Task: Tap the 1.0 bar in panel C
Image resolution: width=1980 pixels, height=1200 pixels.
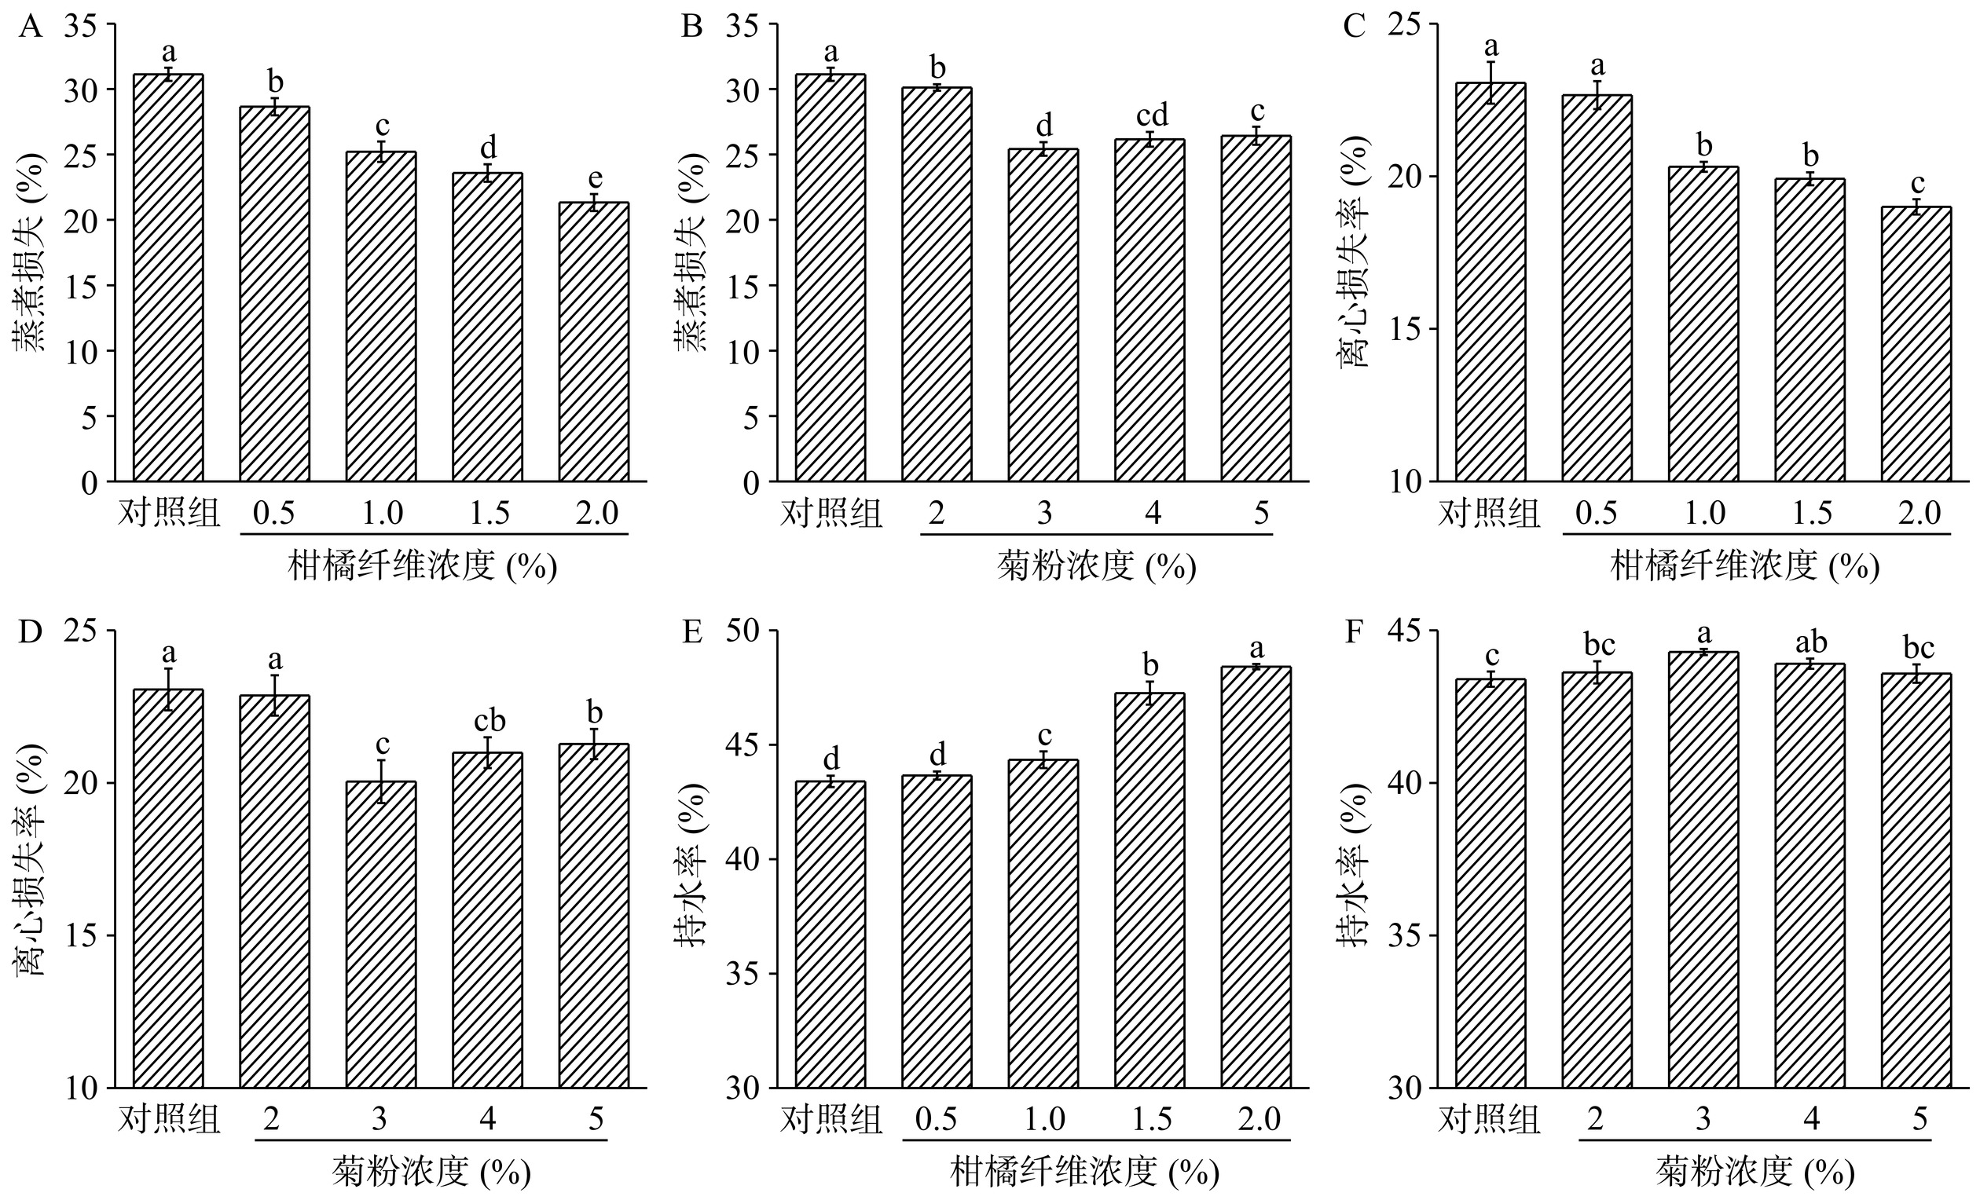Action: (1703, 324)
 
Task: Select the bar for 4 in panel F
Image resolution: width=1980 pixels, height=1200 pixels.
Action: (1809, 876)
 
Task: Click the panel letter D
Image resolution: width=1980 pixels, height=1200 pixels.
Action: (30, 633)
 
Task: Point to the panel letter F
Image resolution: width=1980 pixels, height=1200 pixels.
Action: (1353, 633)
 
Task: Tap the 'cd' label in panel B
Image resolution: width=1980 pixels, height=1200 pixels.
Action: (1152, 115)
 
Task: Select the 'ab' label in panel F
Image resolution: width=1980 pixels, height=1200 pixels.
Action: (1810, 642)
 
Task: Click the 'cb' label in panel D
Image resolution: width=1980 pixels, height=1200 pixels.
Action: (489, 720)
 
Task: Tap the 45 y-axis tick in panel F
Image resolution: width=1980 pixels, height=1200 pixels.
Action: (1413, 631)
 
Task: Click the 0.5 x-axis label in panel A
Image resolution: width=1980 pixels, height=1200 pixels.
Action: (274, 514)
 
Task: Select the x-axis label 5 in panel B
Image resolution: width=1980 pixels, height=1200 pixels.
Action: (1261, 514)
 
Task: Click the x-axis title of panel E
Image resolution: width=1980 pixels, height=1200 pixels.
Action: (1084, 1173)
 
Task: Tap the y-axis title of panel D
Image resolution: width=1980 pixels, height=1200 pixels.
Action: (31, 859)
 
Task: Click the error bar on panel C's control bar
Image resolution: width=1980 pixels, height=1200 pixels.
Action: (1490, 82)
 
